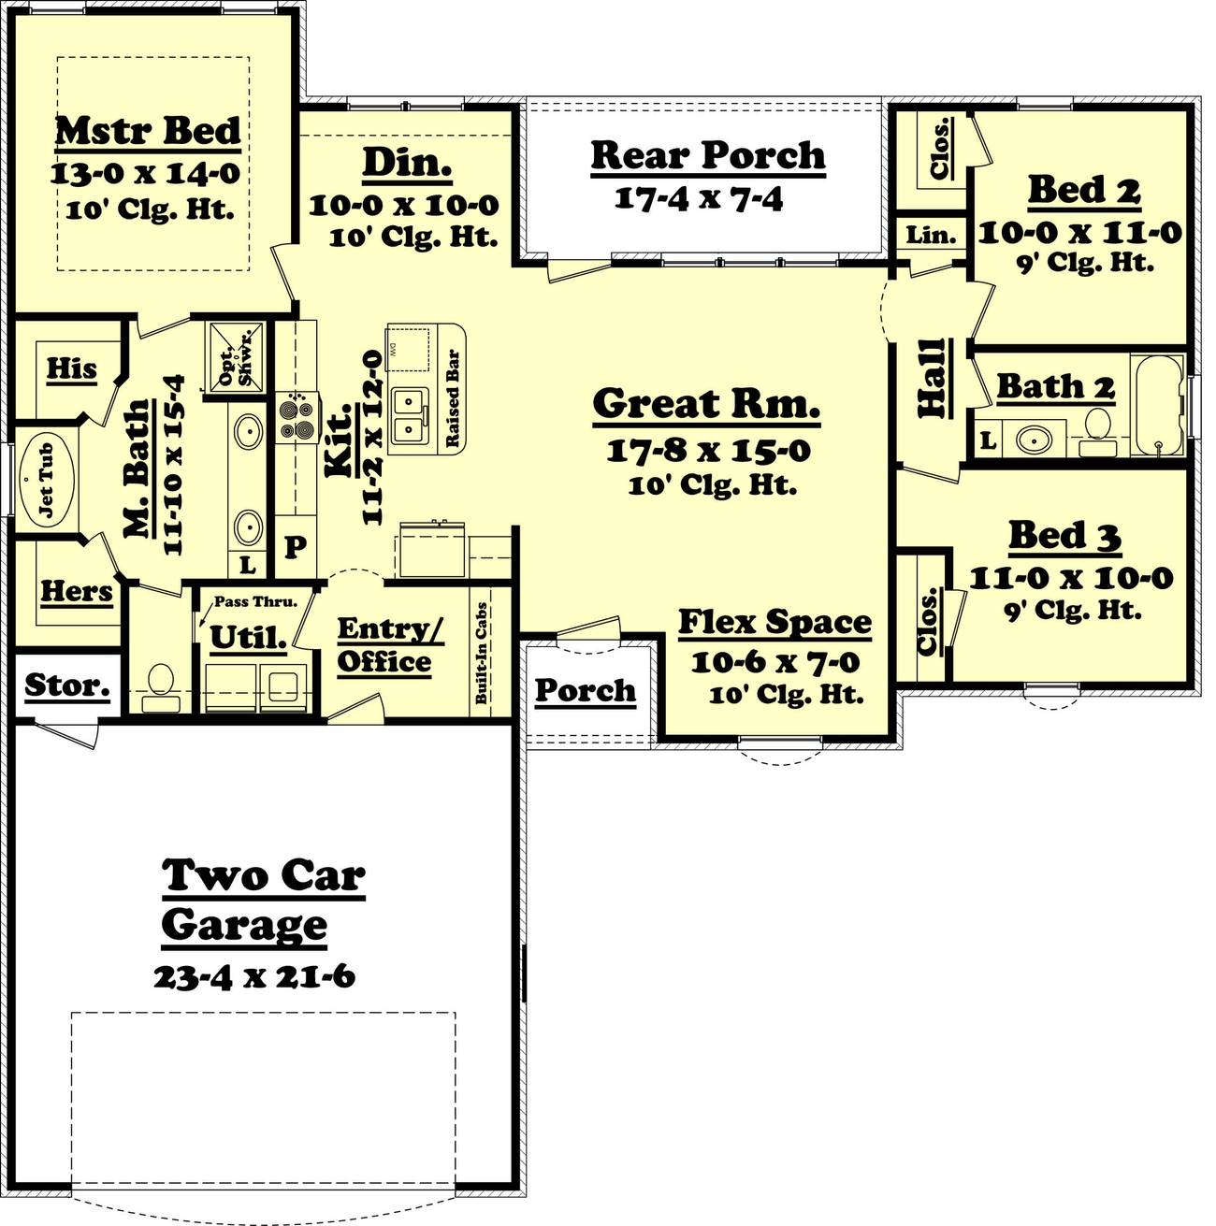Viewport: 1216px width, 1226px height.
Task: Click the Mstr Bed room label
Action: (148, 131)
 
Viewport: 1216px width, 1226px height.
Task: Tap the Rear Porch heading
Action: (708, 155)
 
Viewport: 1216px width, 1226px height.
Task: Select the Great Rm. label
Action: (706, 403)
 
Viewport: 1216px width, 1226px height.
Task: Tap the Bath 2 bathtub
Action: (1158, 405)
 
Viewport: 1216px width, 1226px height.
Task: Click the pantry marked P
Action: (295, 546)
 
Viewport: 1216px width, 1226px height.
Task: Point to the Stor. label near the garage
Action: (66, 685)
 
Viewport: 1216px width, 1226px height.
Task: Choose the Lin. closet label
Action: (931, 235)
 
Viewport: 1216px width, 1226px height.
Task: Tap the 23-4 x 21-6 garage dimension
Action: (253, 976)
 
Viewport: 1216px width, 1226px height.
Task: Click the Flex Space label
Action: (774, 622)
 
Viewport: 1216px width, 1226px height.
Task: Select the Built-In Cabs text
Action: (482, 652)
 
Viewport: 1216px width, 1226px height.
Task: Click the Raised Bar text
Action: (452, 398)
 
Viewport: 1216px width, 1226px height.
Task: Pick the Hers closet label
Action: (77, 591)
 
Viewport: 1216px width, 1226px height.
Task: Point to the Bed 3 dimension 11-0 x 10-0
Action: (1070, 578)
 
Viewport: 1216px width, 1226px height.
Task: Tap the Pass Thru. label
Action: (254, 601)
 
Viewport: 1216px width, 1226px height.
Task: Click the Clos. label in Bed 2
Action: (940, 149)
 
